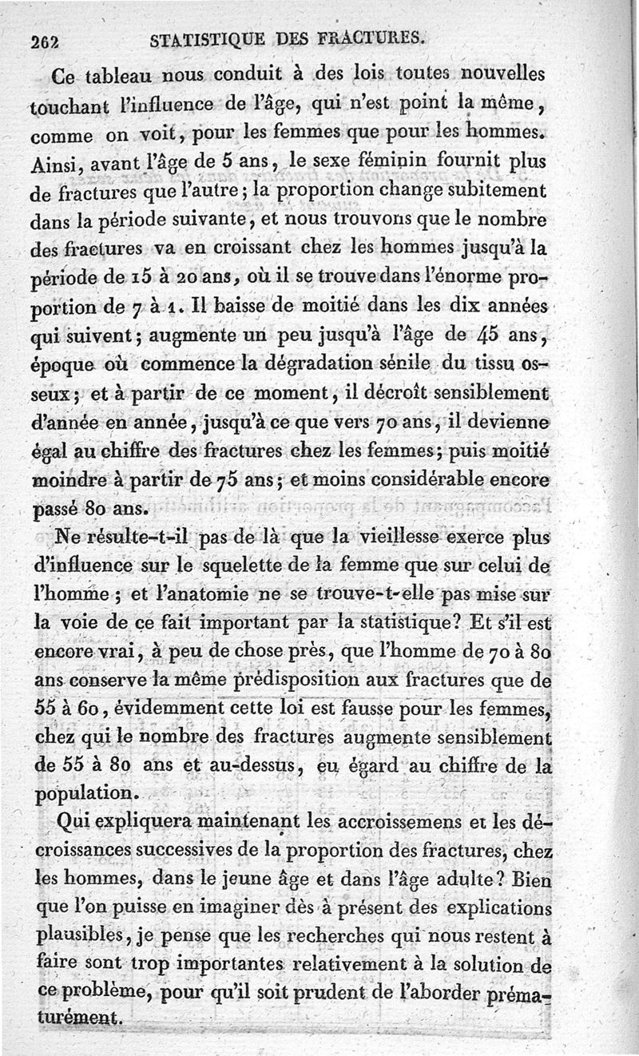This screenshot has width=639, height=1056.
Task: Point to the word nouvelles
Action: click(491, 74)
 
